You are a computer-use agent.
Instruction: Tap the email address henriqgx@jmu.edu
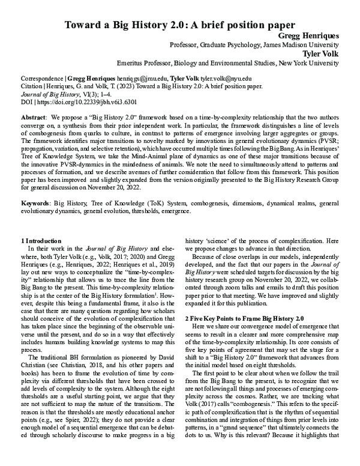pos(137,79)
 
